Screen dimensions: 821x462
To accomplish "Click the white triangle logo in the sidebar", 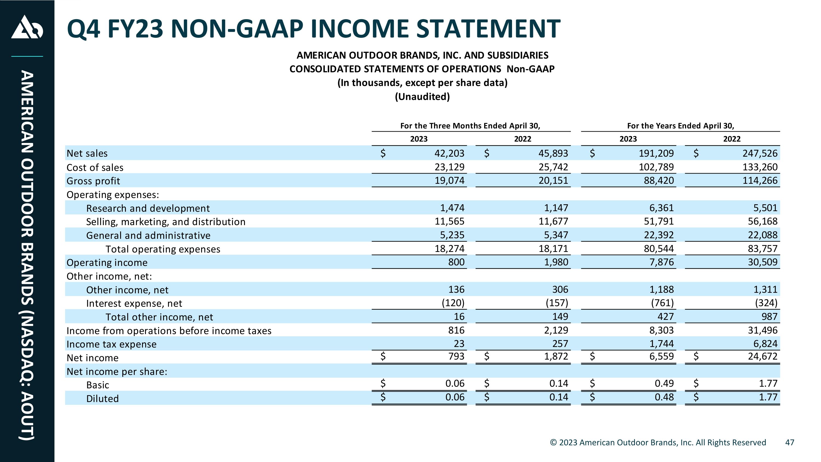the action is coord(27,27).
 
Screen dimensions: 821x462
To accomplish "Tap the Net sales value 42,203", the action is coord(449,153).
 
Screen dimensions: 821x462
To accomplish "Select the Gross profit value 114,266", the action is coord(760,180).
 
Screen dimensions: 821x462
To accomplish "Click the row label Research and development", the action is coord(148,208).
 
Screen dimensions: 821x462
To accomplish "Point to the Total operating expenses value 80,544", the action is coord(659,248).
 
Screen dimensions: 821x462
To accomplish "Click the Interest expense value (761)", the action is coord(662,303).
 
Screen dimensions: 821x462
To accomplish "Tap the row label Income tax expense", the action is coord(112,344).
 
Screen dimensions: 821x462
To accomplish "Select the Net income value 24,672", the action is coord(763,356).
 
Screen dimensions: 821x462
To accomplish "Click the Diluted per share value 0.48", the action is coord(664,397).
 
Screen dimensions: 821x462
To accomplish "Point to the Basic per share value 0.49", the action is coord(664,383).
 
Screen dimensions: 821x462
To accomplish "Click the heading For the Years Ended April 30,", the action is coord(680,126).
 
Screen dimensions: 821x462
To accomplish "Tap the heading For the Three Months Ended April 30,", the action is coord(470,126).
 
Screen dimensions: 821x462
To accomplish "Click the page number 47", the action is coord(790,443).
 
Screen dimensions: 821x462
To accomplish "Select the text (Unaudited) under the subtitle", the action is coord(422,97).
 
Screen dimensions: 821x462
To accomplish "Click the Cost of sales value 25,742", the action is coord(553,167).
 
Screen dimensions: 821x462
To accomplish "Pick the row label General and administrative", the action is coord(148,235).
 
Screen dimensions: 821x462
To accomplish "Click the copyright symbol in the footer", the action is coord(554,443).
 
